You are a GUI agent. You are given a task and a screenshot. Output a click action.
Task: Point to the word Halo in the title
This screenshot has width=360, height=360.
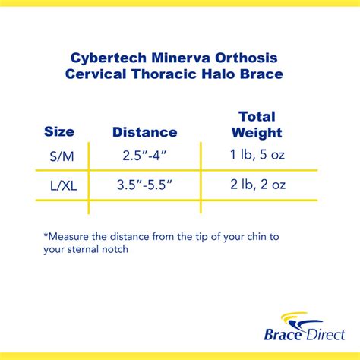click(231, 74)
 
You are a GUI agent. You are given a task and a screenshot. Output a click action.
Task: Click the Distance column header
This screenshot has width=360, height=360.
click(144, 132)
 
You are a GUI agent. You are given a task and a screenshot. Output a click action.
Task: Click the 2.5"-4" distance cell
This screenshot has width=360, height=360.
click(144, 156)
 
